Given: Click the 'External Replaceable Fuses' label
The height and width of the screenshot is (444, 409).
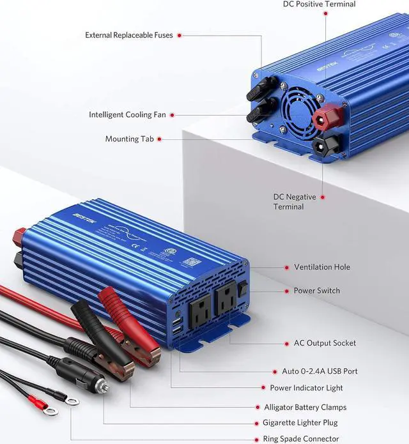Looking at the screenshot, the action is (129, 35).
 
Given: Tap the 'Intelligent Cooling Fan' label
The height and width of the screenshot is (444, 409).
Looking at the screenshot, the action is (127, 115).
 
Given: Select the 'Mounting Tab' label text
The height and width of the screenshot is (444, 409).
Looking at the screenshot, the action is (130, 139).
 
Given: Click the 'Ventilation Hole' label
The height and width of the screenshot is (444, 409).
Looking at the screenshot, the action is (322, 267).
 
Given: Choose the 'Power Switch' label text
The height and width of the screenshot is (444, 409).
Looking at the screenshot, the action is (317, 291).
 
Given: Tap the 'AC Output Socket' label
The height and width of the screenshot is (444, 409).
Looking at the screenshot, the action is (325, 343).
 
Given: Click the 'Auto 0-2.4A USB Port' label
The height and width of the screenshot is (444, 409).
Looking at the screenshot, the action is (320, 371).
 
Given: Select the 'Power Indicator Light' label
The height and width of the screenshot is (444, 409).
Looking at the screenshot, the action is (307, 388).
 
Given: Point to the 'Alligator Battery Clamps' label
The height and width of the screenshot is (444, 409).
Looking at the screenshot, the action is (305, 407).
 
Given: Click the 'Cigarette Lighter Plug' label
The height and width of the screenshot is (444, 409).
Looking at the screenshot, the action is (300, 423).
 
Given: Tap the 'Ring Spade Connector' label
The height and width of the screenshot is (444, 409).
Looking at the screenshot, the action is (301, 439).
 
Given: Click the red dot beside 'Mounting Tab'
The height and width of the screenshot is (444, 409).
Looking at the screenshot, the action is (159, 139).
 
